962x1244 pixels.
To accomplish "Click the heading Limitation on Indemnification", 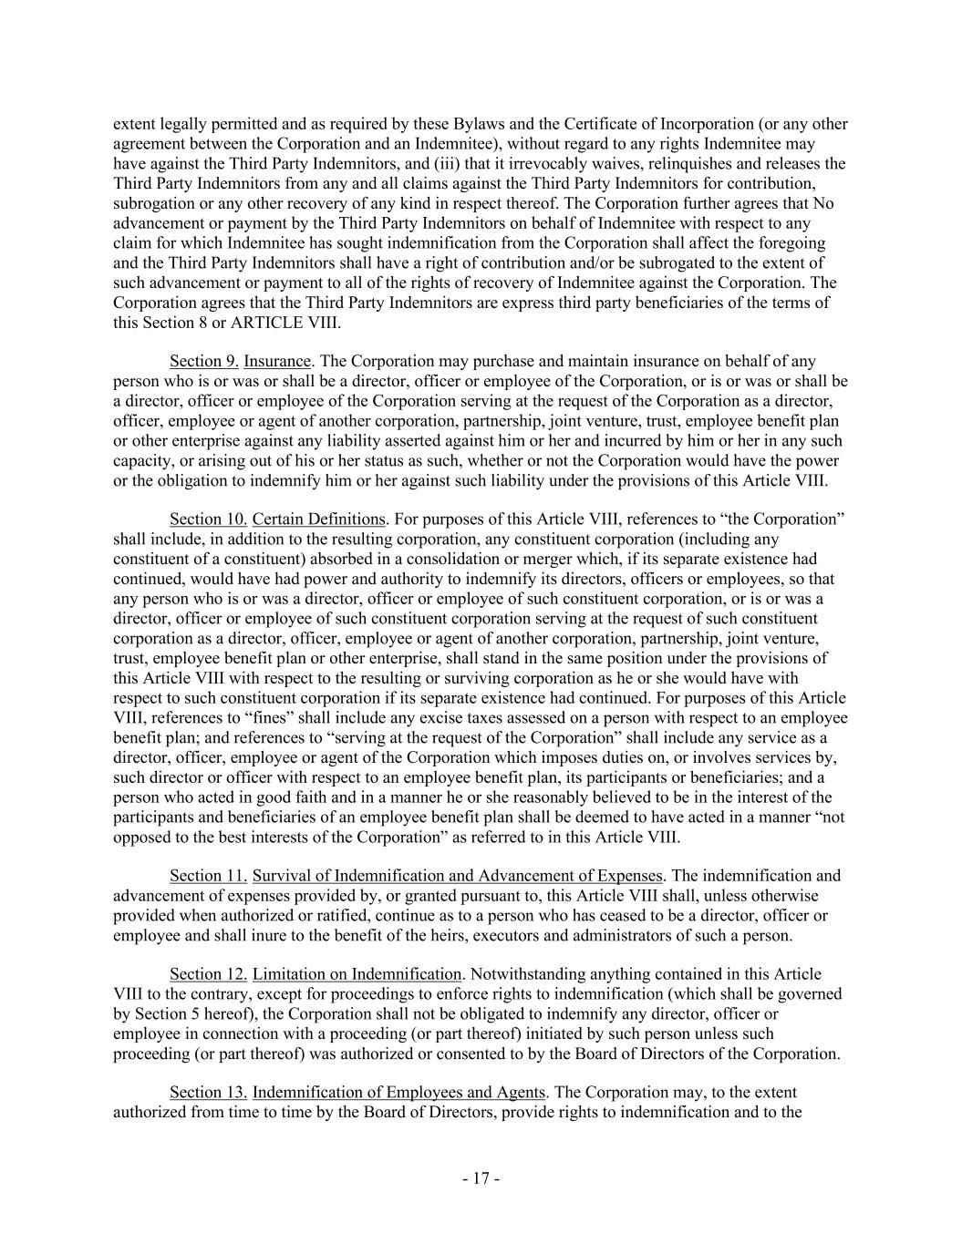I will pos(357,974).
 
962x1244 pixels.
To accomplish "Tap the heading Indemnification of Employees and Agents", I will pos(398,1093).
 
